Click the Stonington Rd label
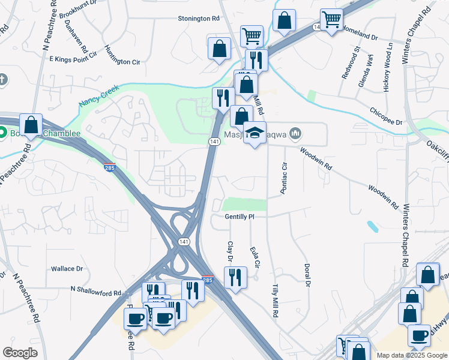click(199, 19)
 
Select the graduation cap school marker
click(255, 134)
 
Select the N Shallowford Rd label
click(96, 290)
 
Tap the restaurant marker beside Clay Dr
click(235, 277)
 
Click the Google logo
click(20, 353)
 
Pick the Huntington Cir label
click(122, 55)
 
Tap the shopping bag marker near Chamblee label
click(31, 125)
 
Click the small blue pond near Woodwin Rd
click(372, 226)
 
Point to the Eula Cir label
click(256, 255)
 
